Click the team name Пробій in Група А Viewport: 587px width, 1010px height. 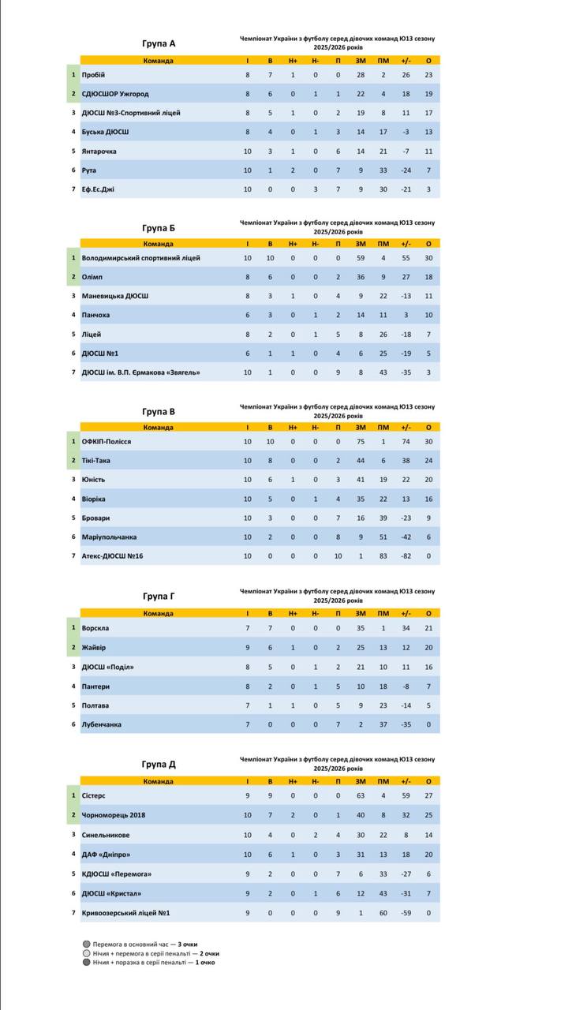coord(93,75)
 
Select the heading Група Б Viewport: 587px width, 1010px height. coord(159,228)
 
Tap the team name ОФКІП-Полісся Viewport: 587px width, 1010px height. coord(106,442)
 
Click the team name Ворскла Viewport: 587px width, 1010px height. coord(95,628)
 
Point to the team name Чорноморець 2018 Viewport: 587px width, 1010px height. coord(114,815)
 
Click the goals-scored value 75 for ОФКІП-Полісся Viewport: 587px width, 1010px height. coord(360,442)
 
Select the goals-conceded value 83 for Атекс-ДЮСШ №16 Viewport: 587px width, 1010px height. coord(383,556)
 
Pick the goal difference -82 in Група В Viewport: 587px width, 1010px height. coord(406,556)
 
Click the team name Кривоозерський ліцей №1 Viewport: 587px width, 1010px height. coord(126,913)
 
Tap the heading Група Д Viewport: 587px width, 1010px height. coord(159,764)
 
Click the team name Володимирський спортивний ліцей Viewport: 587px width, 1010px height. coord(141,258)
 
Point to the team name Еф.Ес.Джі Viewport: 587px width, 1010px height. coord(98,189)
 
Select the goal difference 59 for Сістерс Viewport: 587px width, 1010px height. coord(406,796)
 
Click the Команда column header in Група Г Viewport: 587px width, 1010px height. coord(158,613)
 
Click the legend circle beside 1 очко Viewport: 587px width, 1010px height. coord(86,962)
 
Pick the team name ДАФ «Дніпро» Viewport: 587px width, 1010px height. coord(106,854)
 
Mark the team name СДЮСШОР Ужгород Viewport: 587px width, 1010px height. coord(115,94)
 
